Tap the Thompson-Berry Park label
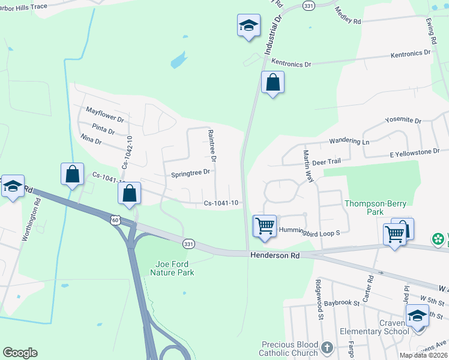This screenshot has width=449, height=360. [372, 208]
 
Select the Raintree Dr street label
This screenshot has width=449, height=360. [212, 146]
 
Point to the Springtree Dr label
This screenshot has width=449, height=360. [190, 172]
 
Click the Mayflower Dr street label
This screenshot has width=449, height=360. [104, 115]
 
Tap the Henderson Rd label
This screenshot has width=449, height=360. [274, 256]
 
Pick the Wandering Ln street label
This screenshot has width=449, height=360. [349, 142]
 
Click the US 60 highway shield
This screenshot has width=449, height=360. [115, 220]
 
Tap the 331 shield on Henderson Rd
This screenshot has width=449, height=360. [188, 243]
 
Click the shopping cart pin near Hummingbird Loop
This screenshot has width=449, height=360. [265, 226]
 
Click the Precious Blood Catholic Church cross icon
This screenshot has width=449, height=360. [326, 347]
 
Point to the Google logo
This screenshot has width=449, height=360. [20, 353]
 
